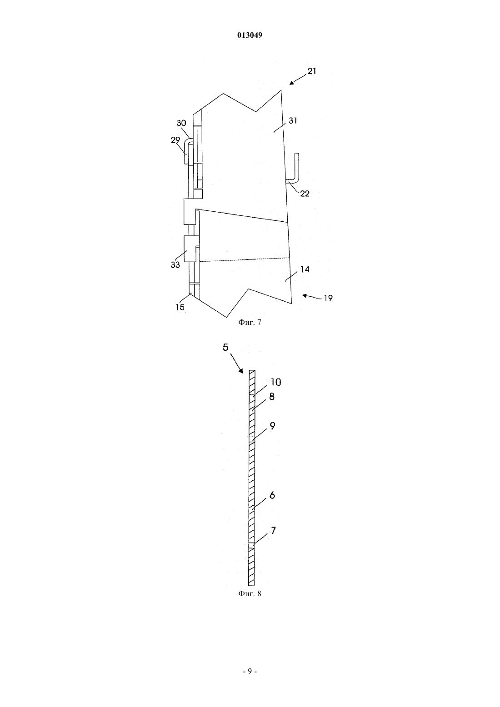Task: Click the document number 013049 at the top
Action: click(250, 35)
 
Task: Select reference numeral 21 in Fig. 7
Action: click(312, 71)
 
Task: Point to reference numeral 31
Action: click(293, 120)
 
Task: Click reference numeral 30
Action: click(181, 123)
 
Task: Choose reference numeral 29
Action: click(175, 140)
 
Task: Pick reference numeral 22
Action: click(305, 194)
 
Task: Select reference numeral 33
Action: click(175, 265)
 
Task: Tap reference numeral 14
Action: click(305, 269)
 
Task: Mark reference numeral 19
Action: click(328, 298)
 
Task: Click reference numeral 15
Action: click(180, 307)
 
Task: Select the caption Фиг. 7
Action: click(250, 322)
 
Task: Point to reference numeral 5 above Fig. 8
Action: click(225, 347)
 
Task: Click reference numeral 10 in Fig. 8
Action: click(275, 382)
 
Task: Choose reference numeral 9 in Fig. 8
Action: click(272, 426)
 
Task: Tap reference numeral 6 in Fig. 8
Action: click(272, 495)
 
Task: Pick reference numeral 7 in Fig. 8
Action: click(273, 531)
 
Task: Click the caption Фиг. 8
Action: click(250, 593)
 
